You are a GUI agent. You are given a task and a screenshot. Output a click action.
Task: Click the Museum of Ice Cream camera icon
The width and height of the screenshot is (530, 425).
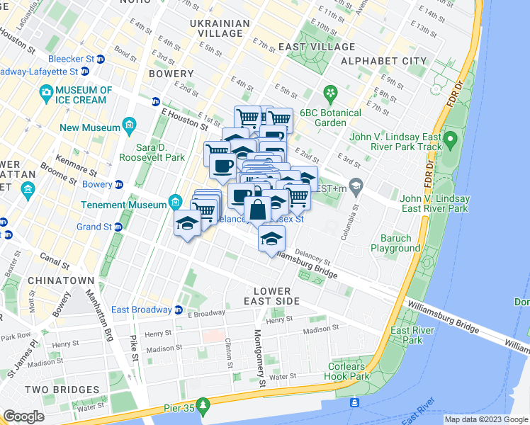click(47, 91)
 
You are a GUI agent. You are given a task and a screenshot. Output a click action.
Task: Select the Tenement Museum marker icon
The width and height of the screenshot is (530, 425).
click(175, 204)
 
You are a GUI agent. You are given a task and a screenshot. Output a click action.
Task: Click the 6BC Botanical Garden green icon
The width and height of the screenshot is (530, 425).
click(329, 93)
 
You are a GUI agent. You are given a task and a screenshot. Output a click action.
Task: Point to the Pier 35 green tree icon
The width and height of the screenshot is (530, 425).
click(204, 406)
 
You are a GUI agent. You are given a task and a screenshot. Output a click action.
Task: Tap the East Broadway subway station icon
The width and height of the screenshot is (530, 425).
click(179, 310)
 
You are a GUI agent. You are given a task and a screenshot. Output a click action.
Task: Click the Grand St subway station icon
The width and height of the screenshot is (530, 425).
click(118, 227)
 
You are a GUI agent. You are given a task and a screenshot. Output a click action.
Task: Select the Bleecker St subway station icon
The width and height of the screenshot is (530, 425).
click(101, 59)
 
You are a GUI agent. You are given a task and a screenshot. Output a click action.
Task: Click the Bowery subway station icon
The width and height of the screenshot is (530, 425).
click(118, 184)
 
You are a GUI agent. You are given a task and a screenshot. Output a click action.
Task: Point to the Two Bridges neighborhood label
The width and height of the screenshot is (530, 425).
click(62, 390)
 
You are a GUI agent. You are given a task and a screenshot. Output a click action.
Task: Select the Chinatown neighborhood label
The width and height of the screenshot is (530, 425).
click(60, 280)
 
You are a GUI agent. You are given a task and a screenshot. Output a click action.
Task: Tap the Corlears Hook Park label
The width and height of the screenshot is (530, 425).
click(349, 371)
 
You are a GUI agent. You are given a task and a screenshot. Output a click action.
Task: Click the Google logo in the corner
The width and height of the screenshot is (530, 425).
click(23, 416)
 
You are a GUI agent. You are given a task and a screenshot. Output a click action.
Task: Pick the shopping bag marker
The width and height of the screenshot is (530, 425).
click(257, 210)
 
